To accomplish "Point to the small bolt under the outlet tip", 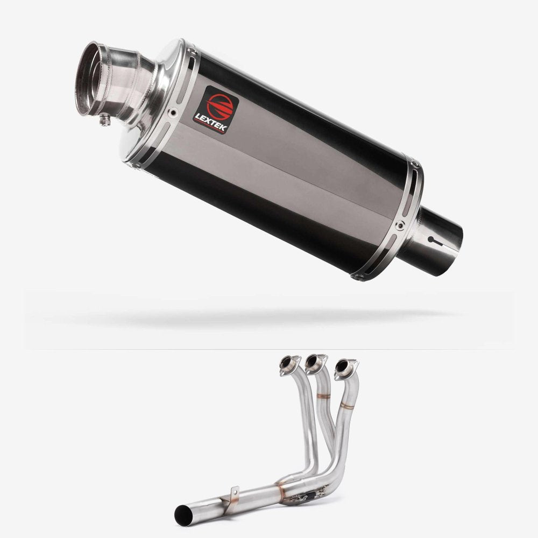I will (x=105, y=121).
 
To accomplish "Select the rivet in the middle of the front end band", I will (x=173, y=113).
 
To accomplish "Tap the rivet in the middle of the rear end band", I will (x=399, y=226).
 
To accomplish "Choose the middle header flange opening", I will (x=314, y=364).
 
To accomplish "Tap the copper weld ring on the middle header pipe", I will (x=323, y=397).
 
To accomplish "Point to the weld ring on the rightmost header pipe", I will (x=347, y=406).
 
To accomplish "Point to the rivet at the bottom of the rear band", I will (x=357, y=277).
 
